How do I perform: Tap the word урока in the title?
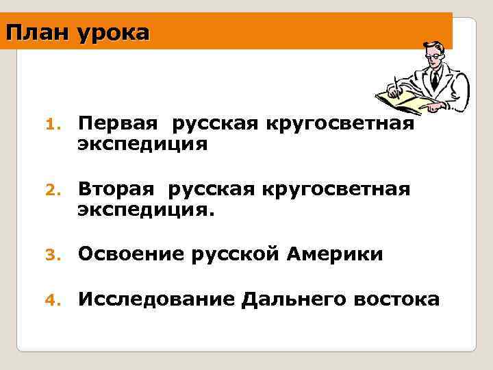112,32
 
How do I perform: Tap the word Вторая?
118,189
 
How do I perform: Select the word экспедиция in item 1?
142,144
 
